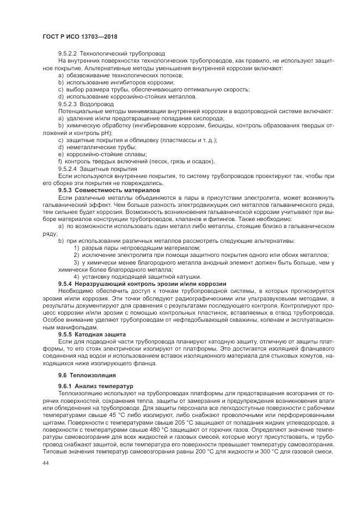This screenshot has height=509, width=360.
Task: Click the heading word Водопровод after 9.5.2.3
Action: [97, 103]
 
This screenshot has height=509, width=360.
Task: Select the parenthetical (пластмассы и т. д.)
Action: [185, 140]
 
